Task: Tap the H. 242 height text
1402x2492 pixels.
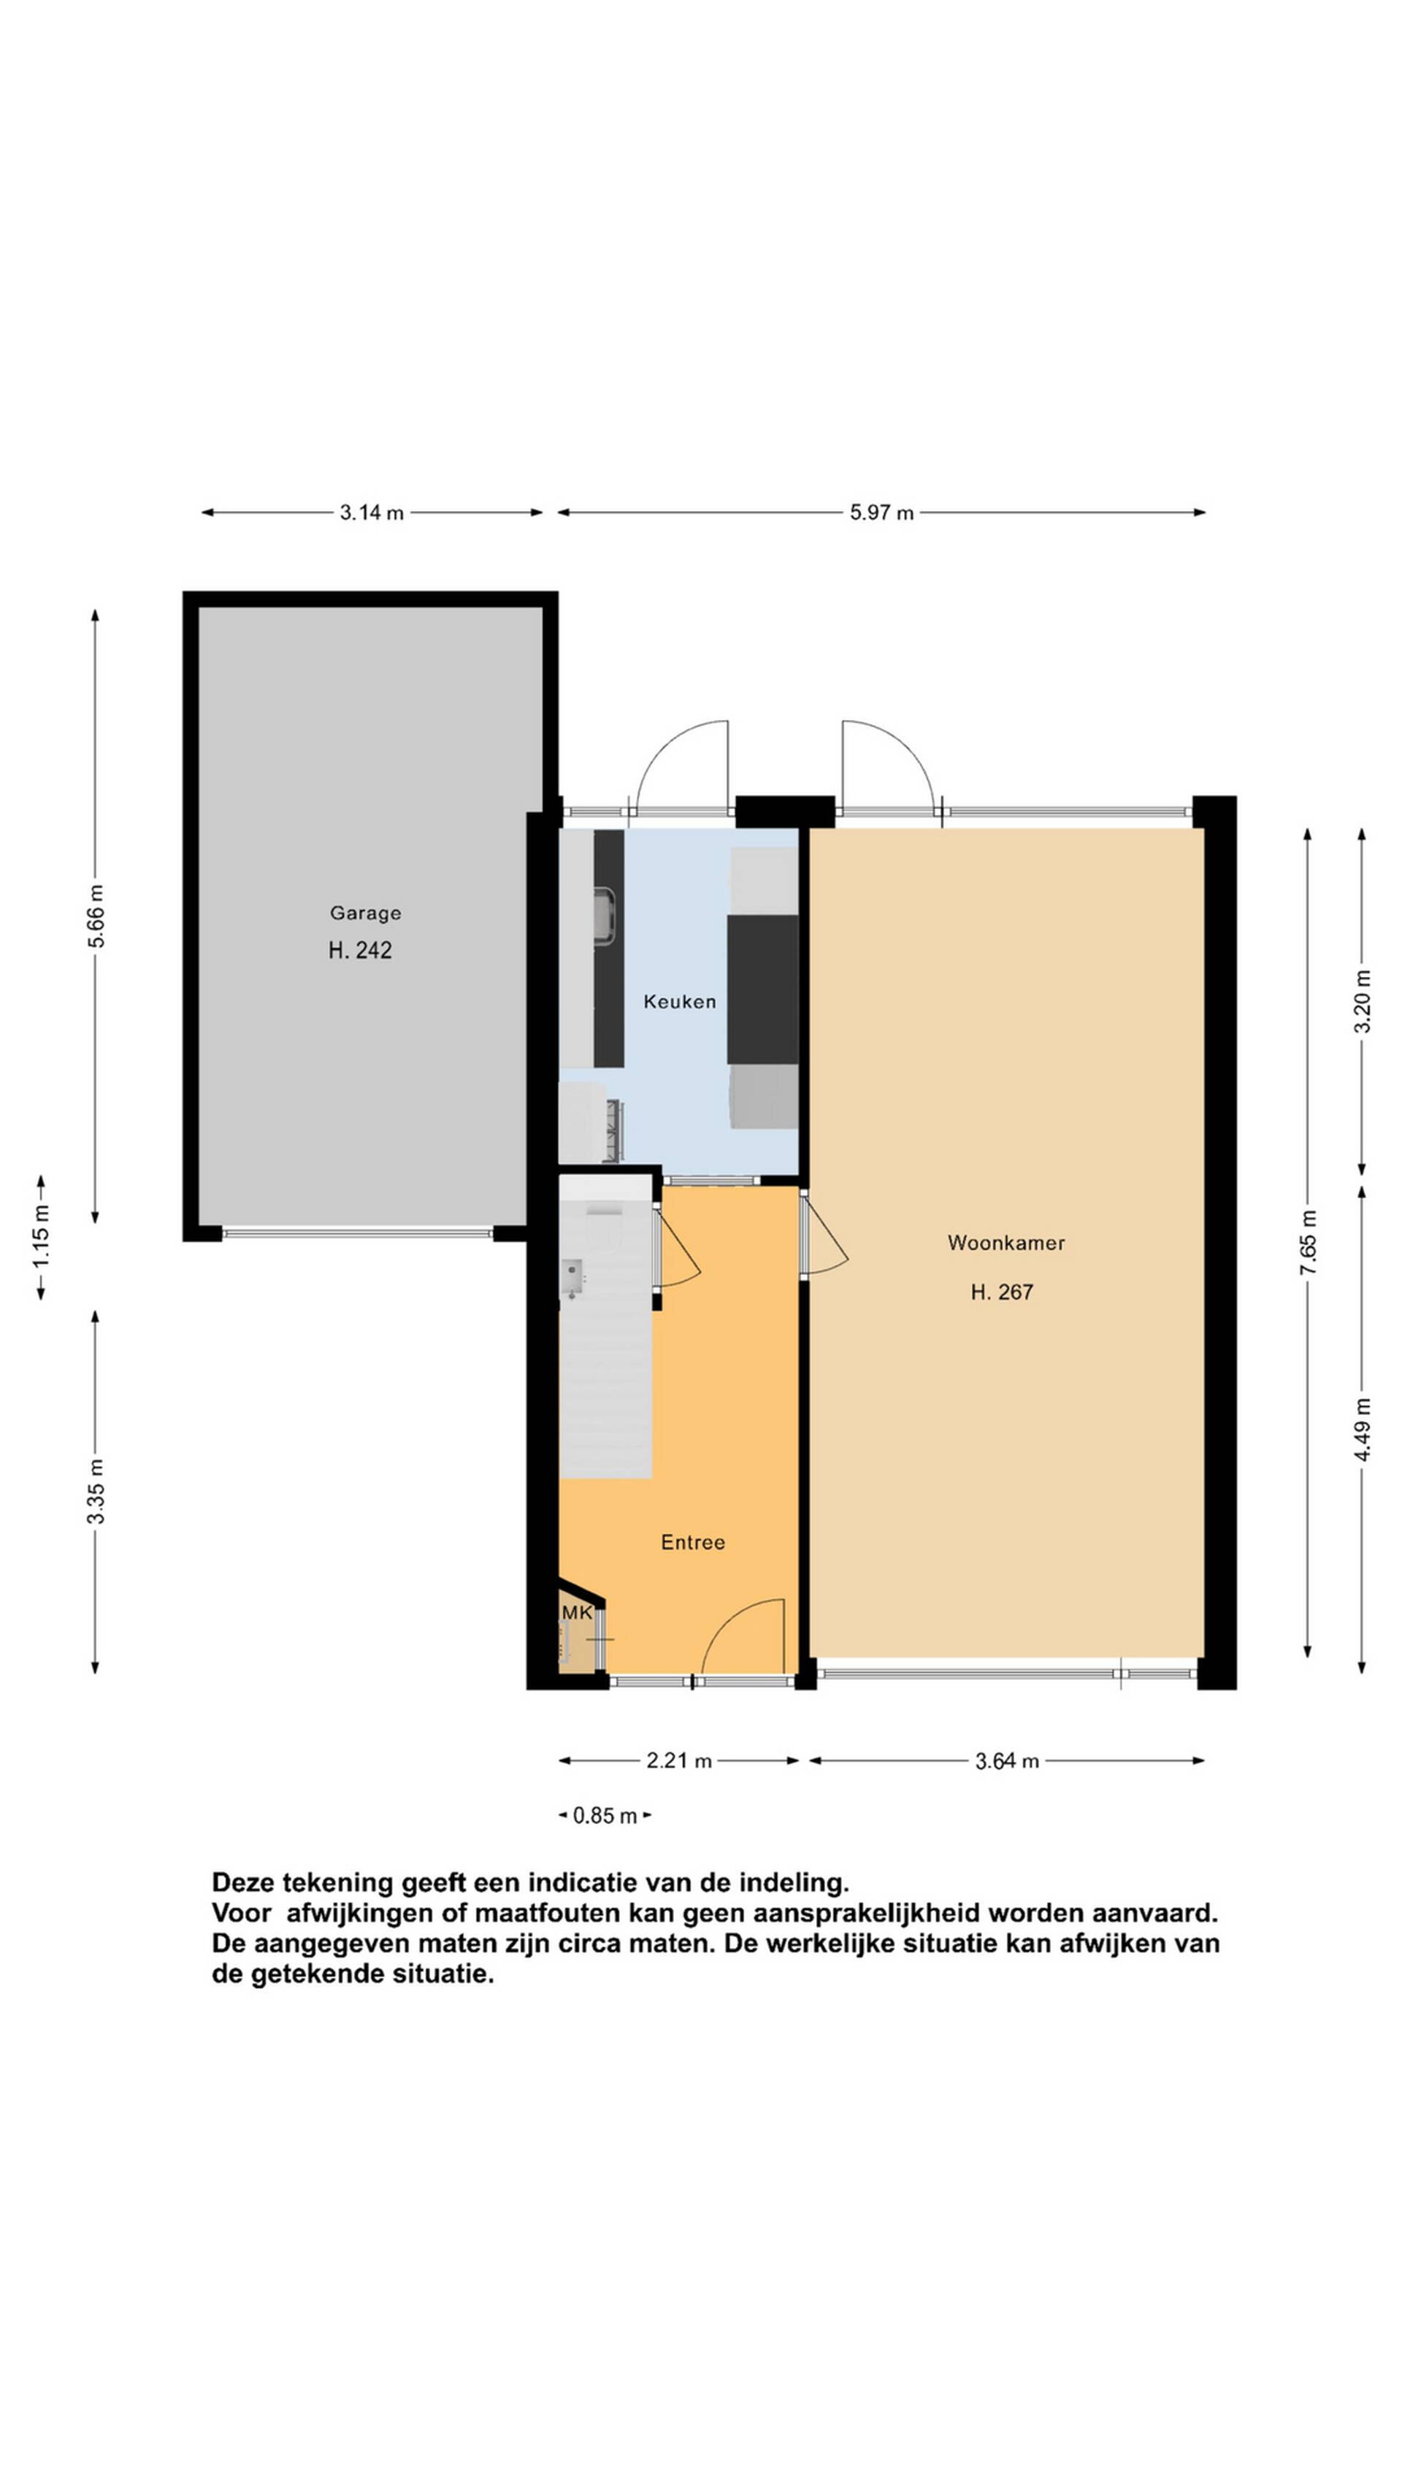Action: (x=360, y=951)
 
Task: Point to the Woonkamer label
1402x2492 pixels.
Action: (x=1005, y=1243)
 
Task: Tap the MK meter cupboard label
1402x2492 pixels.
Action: (x=577, y=1613)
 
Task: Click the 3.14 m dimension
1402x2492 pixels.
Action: (x=372, y=513)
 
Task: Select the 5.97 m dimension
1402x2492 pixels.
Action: (x=881, y=513)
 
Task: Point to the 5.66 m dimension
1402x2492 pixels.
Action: (x=95, y=916)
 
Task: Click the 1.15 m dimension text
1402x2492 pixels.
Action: (x=41, y=1238)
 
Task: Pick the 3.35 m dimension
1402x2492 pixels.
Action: (x=95, y=1491)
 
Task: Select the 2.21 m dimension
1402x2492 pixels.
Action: (x=679, y=1760)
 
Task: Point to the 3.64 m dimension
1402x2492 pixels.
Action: (x=1006, y=1760)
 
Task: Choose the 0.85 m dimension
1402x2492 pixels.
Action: (x=605, y=1816)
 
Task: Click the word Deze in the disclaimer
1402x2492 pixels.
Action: (x=244, y=1882)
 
